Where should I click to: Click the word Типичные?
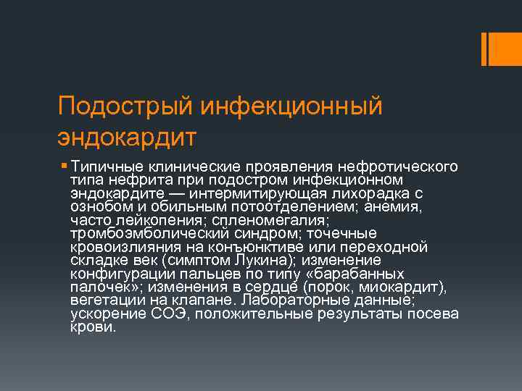101,167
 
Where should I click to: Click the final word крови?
93,327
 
